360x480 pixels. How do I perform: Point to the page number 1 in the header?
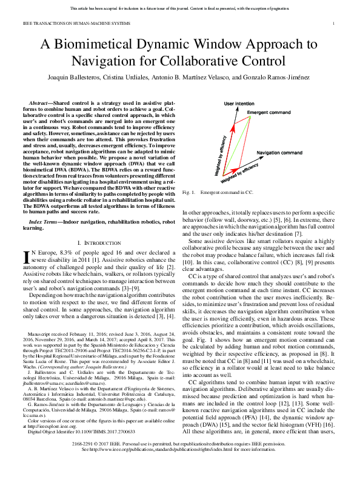click(334, 24)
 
